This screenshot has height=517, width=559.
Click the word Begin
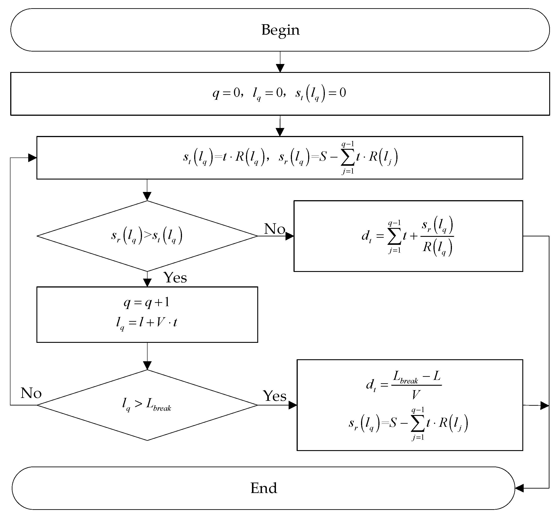[280, 30]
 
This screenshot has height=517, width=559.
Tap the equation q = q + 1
[147, 302]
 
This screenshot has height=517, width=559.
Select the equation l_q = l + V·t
[147, 323]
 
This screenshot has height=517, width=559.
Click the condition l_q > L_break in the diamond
[147, 405]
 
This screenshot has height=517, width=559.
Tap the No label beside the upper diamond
[274, 229]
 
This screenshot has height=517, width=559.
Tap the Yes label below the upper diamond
[175, 277]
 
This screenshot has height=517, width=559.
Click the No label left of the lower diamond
[31, 393]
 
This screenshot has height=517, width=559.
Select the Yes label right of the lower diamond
[274, 396]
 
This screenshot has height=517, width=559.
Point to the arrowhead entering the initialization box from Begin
[280, 68]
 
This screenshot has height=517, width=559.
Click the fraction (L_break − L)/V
[416, 385]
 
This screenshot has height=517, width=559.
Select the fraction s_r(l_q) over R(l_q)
[437, 236]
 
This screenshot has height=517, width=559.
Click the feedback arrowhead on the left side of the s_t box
[32, 158]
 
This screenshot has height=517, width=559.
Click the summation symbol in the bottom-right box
[418, 424]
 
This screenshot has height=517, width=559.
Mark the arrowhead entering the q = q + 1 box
[147, 283]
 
